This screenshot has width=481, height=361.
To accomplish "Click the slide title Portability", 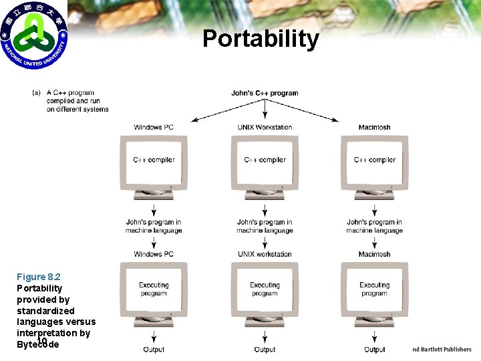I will point(261,39).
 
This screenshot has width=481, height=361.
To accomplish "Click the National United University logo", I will point(34,34).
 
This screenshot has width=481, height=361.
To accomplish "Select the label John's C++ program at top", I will point(265,93).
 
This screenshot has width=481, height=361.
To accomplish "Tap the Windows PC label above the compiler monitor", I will point(154,127).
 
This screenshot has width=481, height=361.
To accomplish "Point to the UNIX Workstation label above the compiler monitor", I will point(265,127).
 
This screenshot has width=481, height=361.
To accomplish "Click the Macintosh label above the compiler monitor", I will point(374,127).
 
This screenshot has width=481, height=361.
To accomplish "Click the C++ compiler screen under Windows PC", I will point(154,160).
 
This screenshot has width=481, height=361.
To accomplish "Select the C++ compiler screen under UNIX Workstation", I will point(265,160).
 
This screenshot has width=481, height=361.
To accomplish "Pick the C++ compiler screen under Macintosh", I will point(374,160).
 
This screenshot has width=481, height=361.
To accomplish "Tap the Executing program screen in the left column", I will point(154,289).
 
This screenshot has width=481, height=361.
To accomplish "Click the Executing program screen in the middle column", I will point(265,289).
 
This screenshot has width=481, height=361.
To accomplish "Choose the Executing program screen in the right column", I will point(374,289).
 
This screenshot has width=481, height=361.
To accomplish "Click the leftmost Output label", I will point(154,350).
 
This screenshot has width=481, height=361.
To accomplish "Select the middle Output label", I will point(265,350).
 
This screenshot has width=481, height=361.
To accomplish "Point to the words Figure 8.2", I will point(39,277).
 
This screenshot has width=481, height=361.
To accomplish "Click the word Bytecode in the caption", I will point(38,345).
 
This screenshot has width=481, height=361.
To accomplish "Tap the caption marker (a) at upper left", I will point(36,93).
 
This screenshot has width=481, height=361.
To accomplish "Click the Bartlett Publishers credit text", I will point(442,349).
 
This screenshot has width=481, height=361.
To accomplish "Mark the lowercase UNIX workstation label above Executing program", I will point(265,254).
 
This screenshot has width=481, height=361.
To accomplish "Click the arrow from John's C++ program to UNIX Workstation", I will point(265,108).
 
